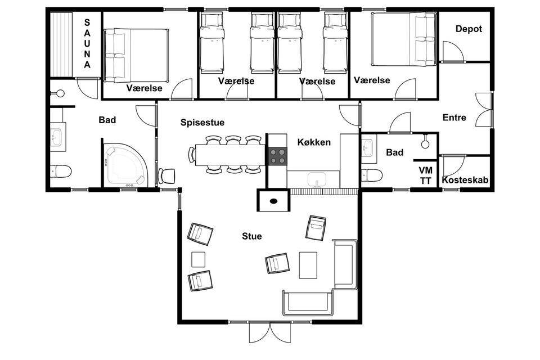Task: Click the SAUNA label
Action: pos(87,43)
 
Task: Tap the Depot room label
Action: pos(469,29)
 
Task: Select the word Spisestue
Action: pos(202,123)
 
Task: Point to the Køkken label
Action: pos(314,142)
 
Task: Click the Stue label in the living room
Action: pos(252,236)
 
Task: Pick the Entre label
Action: pos(454,118)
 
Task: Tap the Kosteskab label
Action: pos(465,180)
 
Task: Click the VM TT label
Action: pos(426,175)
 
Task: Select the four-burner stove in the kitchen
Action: pos(277,156)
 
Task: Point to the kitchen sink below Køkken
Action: pos(317,180)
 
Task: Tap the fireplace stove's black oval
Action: pos(274,201)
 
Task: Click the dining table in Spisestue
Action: pos(230,155)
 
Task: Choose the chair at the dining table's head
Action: pos(192,155)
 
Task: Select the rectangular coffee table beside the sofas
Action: pos(308,265)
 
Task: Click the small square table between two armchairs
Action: pos(199,259)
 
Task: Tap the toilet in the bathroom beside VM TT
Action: pos(372,175)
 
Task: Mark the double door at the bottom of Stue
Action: pos(270,332)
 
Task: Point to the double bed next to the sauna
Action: pos(137,56)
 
